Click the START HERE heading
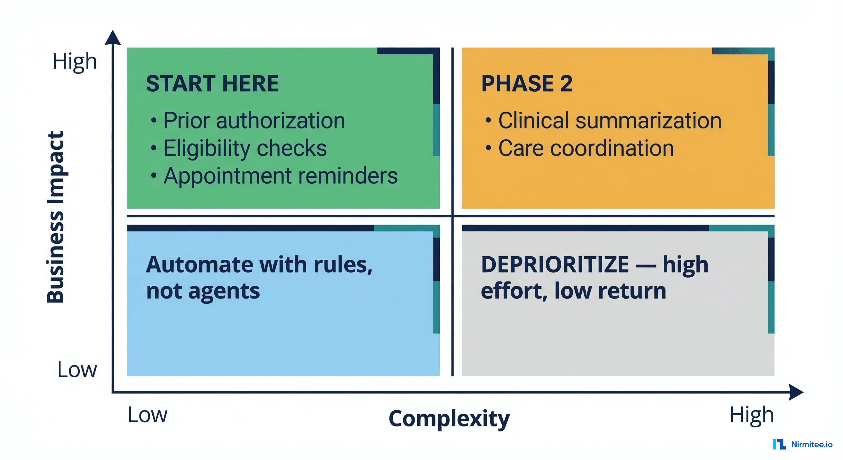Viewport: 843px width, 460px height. tap(212, 84)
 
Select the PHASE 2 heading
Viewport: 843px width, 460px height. tap(527, 84)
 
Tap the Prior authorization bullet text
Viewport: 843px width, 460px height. tap(254, 120)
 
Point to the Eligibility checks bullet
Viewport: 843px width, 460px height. tap(245, 148)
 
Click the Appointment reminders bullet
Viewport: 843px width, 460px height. tap(280, 176)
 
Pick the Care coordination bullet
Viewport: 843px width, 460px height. tap(586, 148)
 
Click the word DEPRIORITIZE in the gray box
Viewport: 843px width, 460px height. tap(555, 264)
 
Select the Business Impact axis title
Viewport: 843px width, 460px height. tap(56, 217)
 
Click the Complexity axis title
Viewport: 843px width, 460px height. tap(449, 418)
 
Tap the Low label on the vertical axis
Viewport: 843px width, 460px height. tap(77, 370)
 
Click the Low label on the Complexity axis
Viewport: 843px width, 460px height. tap(147, 415)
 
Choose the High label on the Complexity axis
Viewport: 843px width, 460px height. tap(751, 415)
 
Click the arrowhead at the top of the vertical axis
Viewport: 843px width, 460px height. tap(113, 38)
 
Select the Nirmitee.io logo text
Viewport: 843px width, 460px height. tap(812, 444)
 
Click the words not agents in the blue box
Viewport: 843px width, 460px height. tap(203, 291)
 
